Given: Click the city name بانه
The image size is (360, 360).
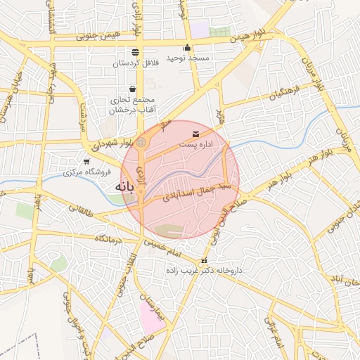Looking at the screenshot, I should click(x=124, y=188).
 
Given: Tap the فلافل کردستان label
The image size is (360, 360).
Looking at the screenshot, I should click(x=136, y=63).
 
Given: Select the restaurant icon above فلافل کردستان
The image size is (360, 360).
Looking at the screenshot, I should click(x=135, y=52).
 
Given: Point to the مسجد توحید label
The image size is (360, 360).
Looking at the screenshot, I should click(x=188, y=58).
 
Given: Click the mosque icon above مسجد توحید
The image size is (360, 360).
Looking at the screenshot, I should click(x=187, y=47).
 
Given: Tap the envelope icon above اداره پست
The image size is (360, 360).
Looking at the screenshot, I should click(x=195, y=134).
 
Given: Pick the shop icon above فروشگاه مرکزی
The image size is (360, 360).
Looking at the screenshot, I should click(x=86, y=162).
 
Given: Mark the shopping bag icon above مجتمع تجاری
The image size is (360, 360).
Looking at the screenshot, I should click(x=132, y=89).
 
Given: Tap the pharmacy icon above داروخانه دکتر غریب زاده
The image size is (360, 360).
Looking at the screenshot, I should click(x=205, y=261).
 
